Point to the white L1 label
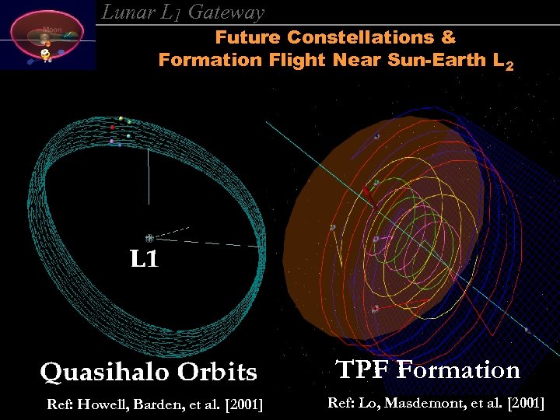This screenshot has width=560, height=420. pos(144,260)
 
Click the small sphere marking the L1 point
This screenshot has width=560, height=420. pos(149,238)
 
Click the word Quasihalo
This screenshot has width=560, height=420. pos(106,373)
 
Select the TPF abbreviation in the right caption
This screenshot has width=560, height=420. pos(362,369)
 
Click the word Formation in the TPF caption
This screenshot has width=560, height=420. pos(458,369)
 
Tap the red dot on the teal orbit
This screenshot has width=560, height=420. pos(113,127)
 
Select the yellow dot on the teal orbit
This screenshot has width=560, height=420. pos(121,118)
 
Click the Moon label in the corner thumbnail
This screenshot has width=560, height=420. pos(52,30)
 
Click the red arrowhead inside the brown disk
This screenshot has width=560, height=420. pos(366,191)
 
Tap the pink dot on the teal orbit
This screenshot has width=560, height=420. pos(112,142)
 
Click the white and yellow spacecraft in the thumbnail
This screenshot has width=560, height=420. pos(46,54)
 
